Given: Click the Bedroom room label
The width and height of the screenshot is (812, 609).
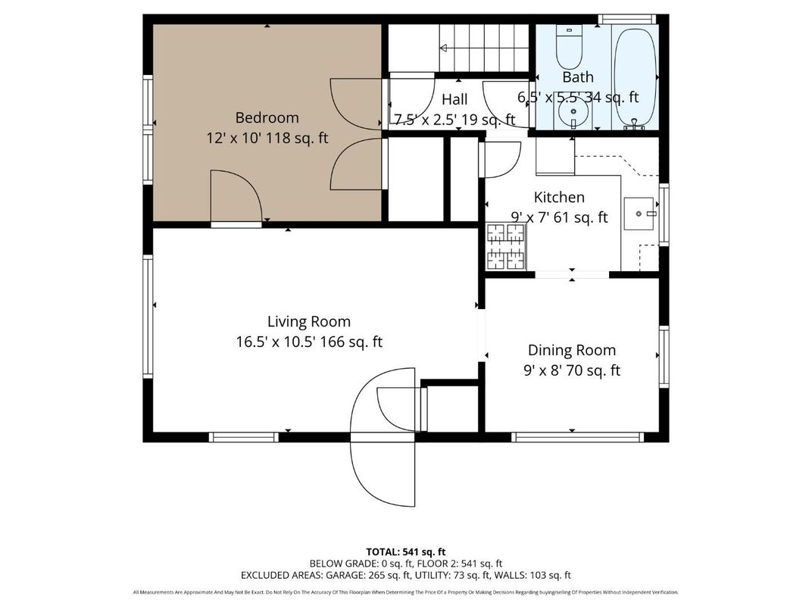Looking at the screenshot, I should [x=267, y=117].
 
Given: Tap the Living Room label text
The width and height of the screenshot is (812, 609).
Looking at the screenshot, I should [x=308, y=321].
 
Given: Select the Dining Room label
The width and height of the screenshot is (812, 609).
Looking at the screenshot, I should [x=571, y=350].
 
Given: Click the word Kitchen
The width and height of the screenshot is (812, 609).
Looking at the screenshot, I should [x=559, y=197].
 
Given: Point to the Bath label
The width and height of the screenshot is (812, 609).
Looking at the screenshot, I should [x=577, y=77].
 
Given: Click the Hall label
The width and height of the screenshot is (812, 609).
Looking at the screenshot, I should [x=454, y=99].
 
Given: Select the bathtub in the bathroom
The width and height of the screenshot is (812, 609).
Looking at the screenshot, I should [x=634, y=76].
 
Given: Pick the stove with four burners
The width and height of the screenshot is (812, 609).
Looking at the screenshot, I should [x=505, y=247].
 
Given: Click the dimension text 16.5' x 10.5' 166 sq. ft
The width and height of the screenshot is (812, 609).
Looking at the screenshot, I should [x=308, y=342].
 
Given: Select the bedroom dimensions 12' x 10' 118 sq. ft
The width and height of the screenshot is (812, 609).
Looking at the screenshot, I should [x=267, y=139].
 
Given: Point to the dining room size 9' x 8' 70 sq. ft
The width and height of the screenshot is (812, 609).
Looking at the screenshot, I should [x=571, y=370].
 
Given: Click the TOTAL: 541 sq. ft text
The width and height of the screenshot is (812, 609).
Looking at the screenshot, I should [x=406, y=551].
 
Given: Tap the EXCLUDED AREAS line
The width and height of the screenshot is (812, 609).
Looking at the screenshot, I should [x=406, y=575].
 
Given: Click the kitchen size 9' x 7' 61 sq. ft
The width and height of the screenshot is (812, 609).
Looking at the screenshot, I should [x=559, y=217].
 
